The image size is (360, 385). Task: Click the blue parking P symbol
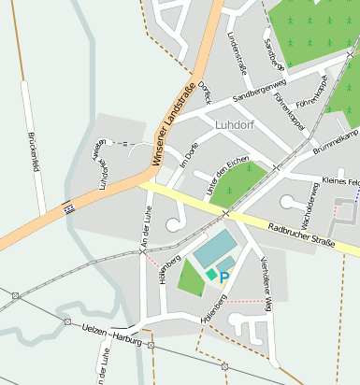[223, 278]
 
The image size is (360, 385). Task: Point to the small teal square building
[212, 274]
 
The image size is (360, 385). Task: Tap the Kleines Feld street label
[339, 180]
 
